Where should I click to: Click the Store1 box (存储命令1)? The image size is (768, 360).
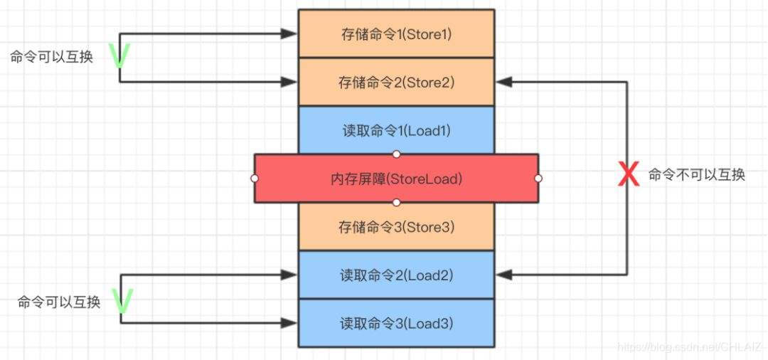coord(395,33)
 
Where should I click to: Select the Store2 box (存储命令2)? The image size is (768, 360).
coord(395,82)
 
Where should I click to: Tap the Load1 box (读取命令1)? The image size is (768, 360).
coord(395,131)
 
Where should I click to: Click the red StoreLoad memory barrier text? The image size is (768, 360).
coord(396,179)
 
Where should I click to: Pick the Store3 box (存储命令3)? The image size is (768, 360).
coord(395,227)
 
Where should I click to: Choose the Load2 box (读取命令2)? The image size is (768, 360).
coord(395,275)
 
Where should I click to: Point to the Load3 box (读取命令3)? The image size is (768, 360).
coord(395,323)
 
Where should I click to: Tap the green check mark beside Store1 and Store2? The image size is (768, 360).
coord(119,57)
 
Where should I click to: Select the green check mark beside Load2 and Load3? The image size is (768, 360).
coord(122,302)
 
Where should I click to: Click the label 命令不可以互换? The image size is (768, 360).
coord(696,175)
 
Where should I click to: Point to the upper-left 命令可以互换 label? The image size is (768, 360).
coord(51,57)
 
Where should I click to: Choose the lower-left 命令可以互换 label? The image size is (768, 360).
coord(59,302)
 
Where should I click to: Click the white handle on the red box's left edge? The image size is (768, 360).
coord(255,179)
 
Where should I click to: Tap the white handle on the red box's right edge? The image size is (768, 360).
coord(538,179)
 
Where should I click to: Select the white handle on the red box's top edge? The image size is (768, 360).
coord(396,154)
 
